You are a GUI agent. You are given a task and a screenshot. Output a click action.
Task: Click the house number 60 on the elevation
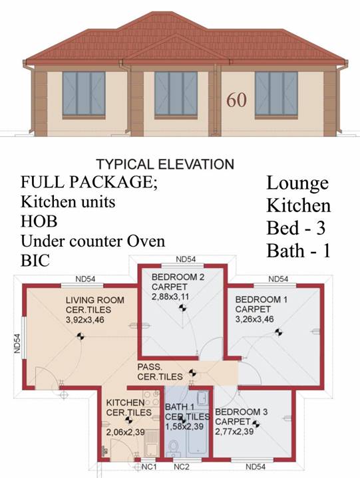click(236, 99)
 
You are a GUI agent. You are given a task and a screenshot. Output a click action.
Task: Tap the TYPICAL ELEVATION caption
click(165, 164)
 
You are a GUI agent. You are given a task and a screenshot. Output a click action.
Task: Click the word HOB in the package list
click(39, 221)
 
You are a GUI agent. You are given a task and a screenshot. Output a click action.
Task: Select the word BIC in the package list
click(35, 260)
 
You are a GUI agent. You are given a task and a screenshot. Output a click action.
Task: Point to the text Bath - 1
click(299, 251)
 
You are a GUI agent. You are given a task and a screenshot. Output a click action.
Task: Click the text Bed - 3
click(296, 228)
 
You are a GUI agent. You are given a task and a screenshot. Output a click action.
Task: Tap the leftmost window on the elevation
click(84, 94)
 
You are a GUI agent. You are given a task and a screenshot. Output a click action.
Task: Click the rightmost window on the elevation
click(276, 94)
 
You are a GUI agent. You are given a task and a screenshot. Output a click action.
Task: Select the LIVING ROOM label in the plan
click(95, 300)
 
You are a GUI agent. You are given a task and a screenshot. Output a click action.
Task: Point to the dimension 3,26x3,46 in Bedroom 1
click(254, 319)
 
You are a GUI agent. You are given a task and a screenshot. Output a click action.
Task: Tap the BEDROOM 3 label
click(242, 412)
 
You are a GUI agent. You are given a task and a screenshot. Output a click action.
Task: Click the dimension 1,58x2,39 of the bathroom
click(184, 426)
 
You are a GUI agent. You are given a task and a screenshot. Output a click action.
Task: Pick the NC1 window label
click(149, 467)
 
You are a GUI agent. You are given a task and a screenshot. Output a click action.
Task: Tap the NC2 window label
click(182, 467)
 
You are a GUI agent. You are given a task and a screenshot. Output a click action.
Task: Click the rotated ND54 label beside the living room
click(17, 344)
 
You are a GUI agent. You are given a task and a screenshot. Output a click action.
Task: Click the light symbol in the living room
click(81, 336)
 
